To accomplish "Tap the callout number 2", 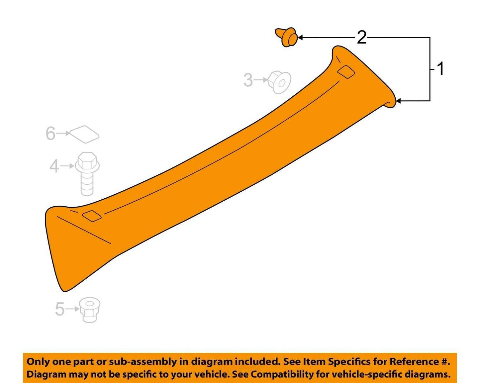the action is point(361,37).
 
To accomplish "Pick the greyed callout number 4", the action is point(54,166).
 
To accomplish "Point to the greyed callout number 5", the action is point(60,309).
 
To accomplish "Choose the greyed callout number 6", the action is point(50,134).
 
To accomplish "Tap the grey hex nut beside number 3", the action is point(279,82).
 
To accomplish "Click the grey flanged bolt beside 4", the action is point(87,174).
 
